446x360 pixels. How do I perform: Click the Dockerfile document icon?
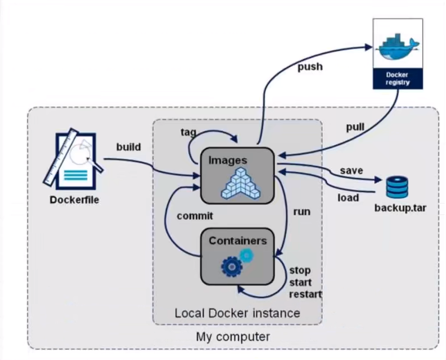click(73, 159)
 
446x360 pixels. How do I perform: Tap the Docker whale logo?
click(397, 47)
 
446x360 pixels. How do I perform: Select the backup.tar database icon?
click(397, 187)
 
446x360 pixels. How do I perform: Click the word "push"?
click(310, 67)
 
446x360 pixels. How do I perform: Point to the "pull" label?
click(355, 127)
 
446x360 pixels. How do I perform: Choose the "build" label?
click(128, 147)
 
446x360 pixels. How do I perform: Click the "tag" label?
click(188, 132)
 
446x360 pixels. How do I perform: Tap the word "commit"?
click(195, 216)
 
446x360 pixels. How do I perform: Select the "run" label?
click(302, 212)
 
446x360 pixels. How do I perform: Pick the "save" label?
click(352, 171)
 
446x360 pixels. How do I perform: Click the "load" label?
click(348, 198)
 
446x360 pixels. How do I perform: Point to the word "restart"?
click(305, 294)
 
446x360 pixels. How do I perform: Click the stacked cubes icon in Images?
click(241, 184)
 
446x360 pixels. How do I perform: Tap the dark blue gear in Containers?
click(232, 267)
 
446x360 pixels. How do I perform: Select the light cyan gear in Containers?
click(246, 255)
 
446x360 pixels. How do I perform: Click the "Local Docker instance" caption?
click(237, 313)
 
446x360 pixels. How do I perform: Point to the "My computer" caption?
click(233, 337)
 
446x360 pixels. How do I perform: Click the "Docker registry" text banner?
click(397, 79)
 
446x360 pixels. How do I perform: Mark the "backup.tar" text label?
click(400, 208)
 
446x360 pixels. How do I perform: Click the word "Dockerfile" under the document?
click(74, 200)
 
